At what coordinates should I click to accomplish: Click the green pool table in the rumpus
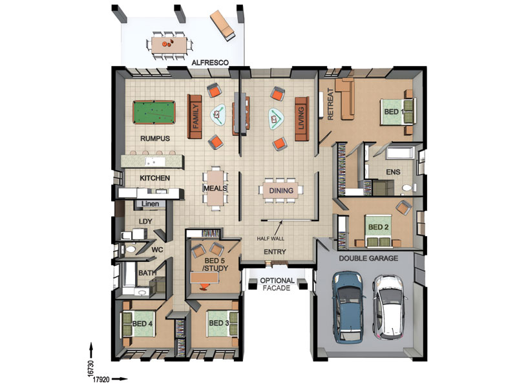click(x=154, y=112)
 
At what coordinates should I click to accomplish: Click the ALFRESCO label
click(x=210, y=62)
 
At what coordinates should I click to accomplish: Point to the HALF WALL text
click(x=270, y=238)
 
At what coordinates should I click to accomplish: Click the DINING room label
click(x=281, y=190)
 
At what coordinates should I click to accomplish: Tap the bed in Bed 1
click(x=397, y=111)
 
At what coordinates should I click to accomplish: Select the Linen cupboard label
click(x=151, y=204)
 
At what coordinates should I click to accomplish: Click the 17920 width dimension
click(x=101, y=380)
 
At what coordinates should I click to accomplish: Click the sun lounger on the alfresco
click(x=222, y=25)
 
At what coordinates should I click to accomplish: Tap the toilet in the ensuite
click(x=408, y=188)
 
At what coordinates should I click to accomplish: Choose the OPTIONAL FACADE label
click(x=277, y=284)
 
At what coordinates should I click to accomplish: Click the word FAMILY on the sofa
click(x=196, y=116)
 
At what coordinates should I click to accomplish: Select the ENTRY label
click(x=275, y=252)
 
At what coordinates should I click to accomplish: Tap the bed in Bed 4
click(x=138, y=324)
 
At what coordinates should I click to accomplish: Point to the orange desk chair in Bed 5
click(x=205, y=287)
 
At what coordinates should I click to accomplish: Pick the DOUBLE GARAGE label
click(x=368, y=258)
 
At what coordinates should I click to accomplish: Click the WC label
click(x=157, y=250)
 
